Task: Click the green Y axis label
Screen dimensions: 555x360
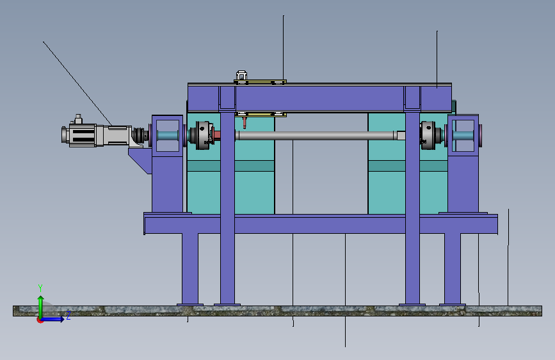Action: tap(40, 288)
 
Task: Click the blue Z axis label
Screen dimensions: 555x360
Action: tap(68, 315)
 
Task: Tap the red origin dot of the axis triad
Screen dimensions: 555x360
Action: tap(40, 320)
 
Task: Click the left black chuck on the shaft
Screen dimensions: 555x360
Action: tap(202, 135)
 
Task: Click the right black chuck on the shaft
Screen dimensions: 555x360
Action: tap(430, 135)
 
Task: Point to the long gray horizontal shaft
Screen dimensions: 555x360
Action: tap(319, 135)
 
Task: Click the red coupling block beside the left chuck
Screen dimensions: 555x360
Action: tap(216, 135)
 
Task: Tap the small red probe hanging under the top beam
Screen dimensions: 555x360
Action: tap(245, 122)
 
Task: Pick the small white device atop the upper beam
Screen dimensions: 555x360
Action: tap(241, 76)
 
